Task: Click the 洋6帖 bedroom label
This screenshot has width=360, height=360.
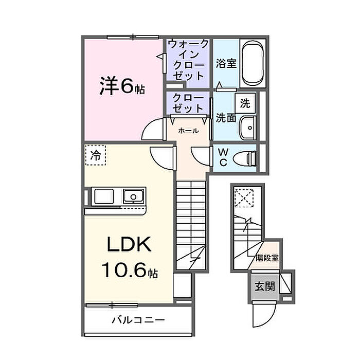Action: pos(122,86)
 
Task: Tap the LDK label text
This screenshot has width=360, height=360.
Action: pos(129,245)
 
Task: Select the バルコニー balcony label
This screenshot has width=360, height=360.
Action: pos(138,320)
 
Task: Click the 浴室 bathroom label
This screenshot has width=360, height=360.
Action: pos(226,64)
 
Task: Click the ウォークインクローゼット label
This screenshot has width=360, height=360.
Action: pos(187,60)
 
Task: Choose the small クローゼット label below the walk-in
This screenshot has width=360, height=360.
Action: pos(187,102)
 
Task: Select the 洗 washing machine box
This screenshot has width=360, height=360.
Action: pos(245,103)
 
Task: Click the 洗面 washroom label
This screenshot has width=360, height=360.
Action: pos(226,118)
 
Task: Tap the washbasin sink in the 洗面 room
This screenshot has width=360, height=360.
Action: pos(248,125)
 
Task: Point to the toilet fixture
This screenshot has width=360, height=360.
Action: pos(245,157)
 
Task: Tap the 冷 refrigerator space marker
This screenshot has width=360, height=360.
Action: pos(96,154)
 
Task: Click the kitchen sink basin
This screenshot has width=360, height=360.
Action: pos(133,196)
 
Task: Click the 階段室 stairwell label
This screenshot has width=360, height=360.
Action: pos(267,258)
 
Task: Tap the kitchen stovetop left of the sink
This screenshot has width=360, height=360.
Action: pos(103,196)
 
